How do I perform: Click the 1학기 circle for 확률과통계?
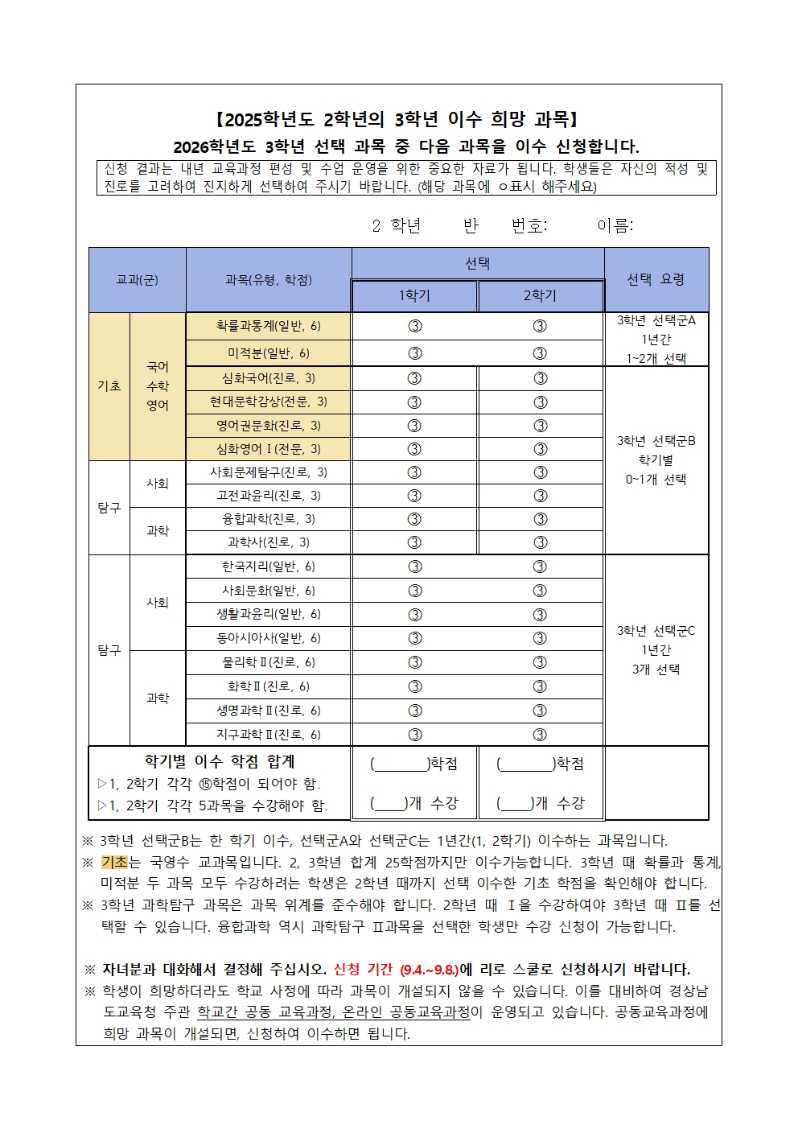[x=414, y=326]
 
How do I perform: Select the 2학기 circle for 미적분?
[x=540, y=353]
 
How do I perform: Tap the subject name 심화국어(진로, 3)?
[x=269, y=377]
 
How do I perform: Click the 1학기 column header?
[x=414, y=295]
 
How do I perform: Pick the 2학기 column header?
[x=540, y=295]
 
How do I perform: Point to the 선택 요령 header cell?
[x=656, y=279]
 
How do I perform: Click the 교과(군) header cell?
[x=137, y=280]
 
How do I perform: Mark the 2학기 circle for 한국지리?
[x=540, y=567]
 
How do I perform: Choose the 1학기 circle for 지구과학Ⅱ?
[x=414, y=734]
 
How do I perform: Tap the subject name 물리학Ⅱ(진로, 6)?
[x=269, y=662]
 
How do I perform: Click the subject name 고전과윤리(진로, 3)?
[x=269, y=496]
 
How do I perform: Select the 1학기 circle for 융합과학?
[x=414, y=519]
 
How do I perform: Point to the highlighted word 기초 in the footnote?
[x=114, y=862]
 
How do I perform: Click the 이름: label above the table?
[x=615, y=226]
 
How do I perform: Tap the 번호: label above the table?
[x=529, y=226]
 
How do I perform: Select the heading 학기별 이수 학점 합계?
[x=219, y=761]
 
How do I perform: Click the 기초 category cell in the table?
[x=109, y=386]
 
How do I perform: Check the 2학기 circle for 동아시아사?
[x=540, y=638]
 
